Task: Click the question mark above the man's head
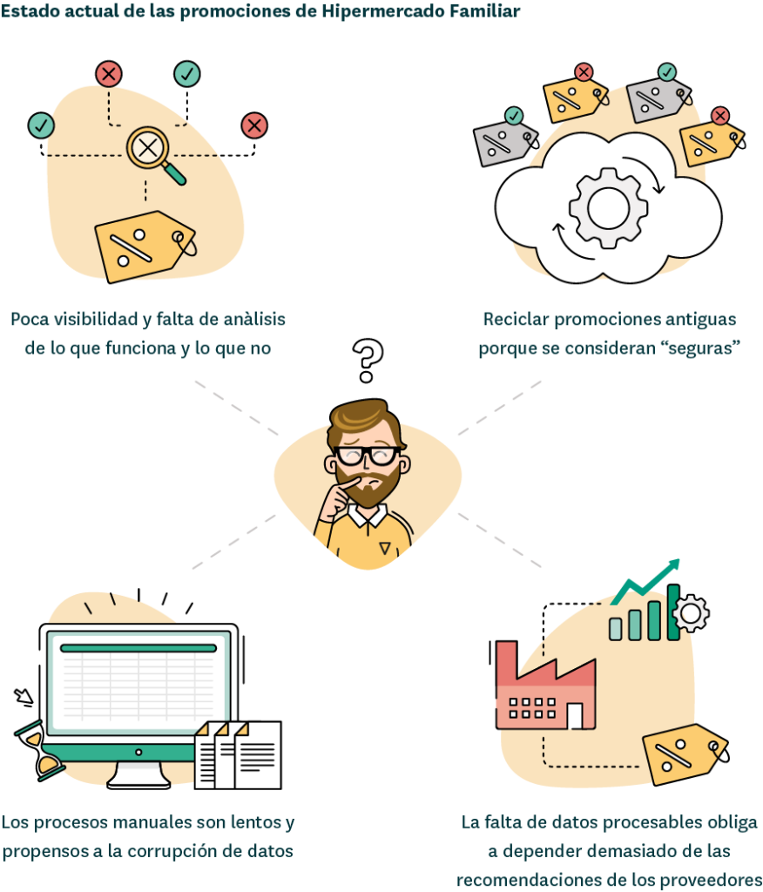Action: click(x=368, y=361)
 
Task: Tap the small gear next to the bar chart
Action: click(x=691, y=613)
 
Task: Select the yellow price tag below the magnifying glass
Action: click(x=145, y=245)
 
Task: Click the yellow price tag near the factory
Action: click(x=684, y=753)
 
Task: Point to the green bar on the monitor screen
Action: click(x=138, y=648)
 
